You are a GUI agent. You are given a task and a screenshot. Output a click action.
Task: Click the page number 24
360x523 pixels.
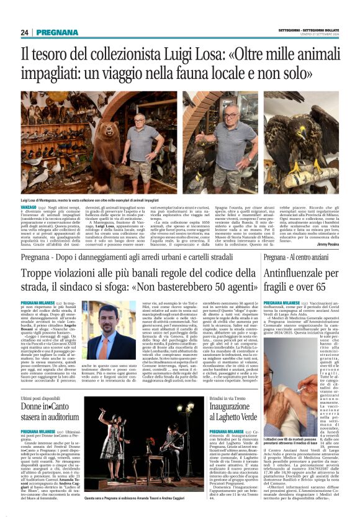tap(24, 32)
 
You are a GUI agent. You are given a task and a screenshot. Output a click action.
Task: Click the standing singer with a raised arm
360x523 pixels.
tap(112, 435)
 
